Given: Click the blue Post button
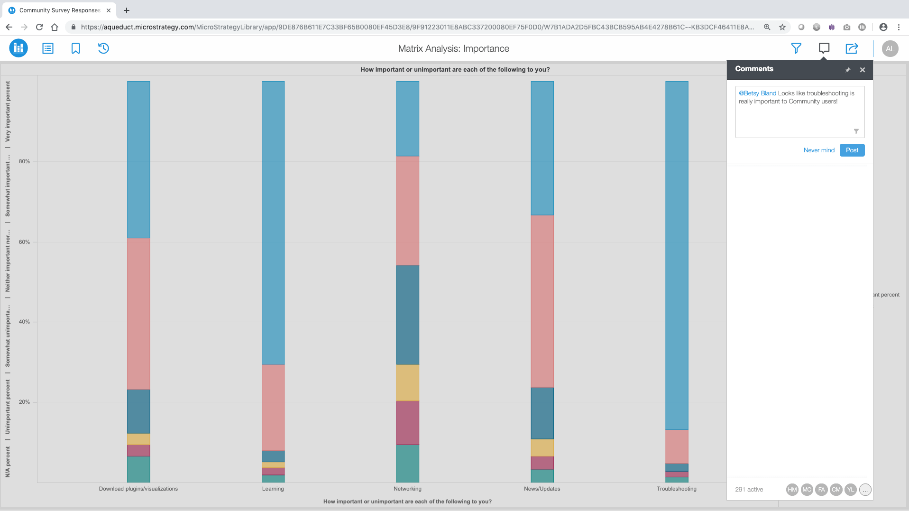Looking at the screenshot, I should (x=852, y=150).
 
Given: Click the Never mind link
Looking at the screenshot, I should (x=818, y=150).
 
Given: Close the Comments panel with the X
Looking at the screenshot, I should (x=862, y=70).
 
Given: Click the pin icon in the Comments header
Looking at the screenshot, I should (x=847, y=70).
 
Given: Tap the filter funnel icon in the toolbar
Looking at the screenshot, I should (x=796, y=48).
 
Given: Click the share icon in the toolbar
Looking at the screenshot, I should (x=852, y=48).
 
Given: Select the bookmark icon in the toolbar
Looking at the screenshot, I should (x=75, y=48).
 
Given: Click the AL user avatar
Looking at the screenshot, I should (x=890, y=48).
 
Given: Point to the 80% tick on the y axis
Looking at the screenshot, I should (x=24, y=161).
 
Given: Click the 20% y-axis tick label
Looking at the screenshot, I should (x=24, y=402).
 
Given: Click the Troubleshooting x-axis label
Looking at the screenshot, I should (x=676, y=489).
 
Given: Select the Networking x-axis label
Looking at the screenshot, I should (x=407, y=489).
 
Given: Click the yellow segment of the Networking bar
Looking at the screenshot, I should (x=407, y=382).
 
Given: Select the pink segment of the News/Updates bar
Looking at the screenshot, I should (x=542, y=301).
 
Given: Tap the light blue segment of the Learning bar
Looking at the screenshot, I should (x=273, y=223).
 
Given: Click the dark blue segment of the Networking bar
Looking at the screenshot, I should (x=407, y=315).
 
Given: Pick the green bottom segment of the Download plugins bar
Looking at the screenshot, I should (x=138, y=469).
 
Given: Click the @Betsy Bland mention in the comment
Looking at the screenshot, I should (x=757, y=93).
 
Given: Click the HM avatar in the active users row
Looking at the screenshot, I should (x=792, y=490).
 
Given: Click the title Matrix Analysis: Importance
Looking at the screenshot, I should (x=453, y=48).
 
